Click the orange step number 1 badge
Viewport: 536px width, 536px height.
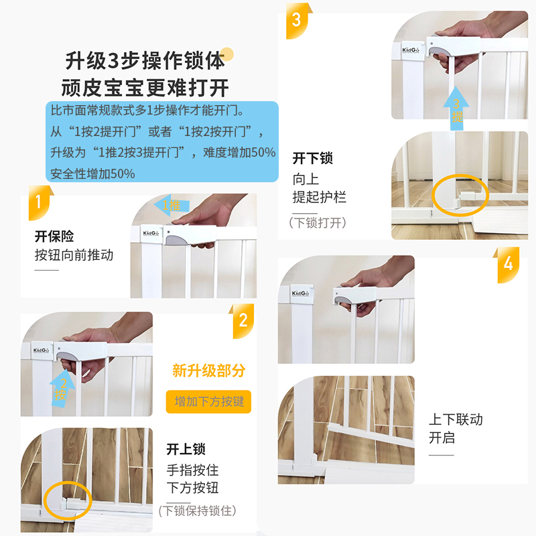pyautogui.click(x=39, y=202)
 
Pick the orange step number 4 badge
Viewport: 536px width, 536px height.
pyautogui.click(x=507, y=263)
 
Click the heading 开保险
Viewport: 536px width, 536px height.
pyautogui.click(x=54, y=237)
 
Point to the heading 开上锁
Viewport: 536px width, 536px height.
pyautogui.click(x=186, y=449)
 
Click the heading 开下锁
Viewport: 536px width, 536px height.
pyautogui.click(x=312, y=158)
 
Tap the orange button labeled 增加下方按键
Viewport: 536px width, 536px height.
pyautogui.click(x=208, y=402)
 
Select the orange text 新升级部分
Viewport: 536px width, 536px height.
pyautogui.click(x=208, y=371)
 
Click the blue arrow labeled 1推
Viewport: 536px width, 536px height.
pyautogui.click(x=171, y=205)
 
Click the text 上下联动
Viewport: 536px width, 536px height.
pyautogui.click(x=456, y=419)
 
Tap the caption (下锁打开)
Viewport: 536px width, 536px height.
pyautogui.click(x=318, y=222)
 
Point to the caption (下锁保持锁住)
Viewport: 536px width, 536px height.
pyautogui.click(x=198, y=511)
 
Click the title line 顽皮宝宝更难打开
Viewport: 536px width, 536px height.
pyautogui.click(x=145, y=87)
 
